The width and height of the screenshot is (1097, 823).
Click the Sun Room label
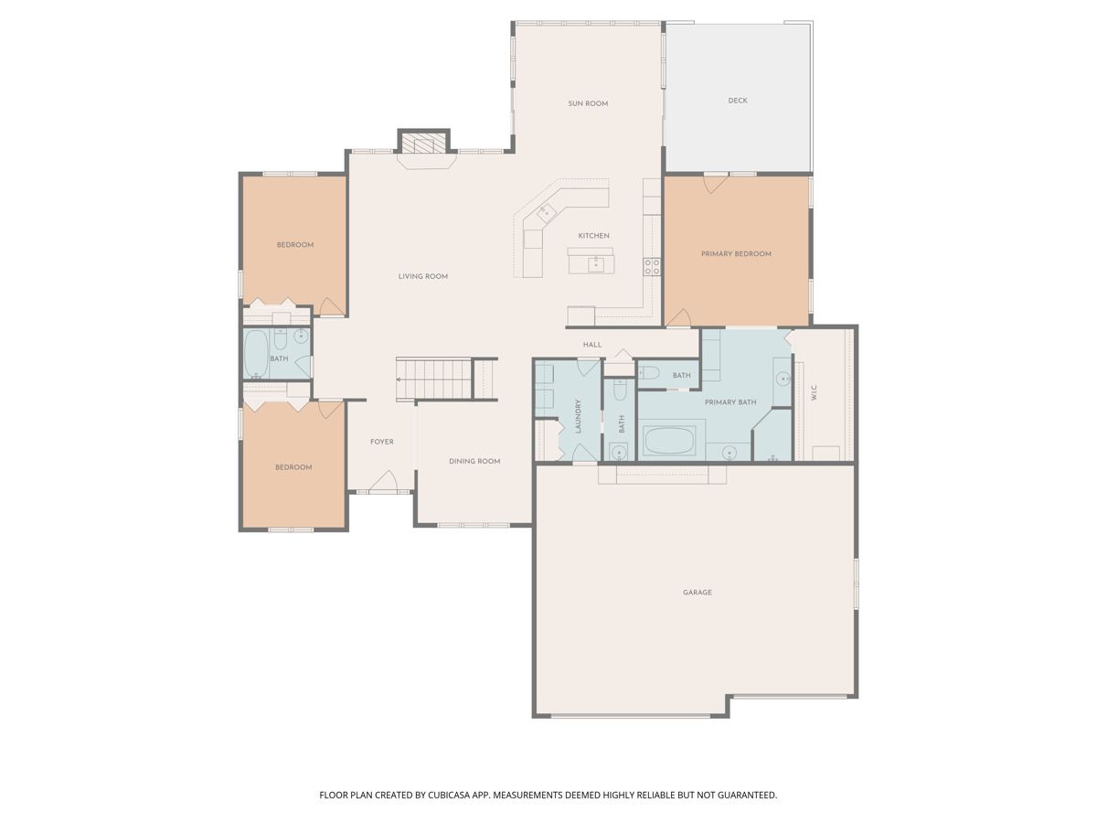tap(588, 104)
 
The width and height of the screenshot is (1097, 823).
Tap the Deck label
tap(738, 101)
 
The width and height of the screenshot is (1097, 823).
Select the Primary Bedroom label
tap(736, 254)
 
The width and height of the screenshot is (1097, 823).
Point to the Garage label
tap(698, 593)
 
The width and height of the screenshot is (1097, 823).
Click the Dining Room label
tap(474, 461)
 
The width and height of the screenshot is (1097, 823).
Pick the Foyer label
tap(382, 442)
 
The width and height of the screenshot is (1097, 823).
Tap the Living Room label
tap(423, 276)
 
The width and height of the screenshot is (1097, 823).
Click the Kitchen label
tap(593, 236)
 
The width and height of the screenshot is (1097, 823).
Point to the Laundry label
tap(579, 416)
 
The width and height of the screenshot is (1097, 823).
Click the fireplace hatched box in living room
tap(424, 143)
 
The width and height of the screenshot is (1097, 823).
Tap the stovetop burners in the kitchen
tap(652, 266)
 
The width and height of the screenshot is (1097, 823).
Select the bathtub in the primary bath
tap(669, 441)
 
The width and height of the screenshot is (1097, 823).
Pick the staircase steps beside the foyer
tap(434, 379)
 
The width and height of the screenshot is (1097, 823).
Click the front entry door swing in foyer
tap(383, 481)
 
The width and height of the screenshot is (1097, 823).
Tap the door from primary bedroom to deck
tap(716, 182)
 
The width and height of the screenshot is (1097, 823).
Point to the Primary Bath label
tap(730, 402)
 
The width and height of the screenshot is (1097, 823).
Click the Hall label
tap(592, 345)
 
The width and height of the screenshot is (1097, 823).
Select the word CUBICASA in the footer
tap(449, 795)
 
